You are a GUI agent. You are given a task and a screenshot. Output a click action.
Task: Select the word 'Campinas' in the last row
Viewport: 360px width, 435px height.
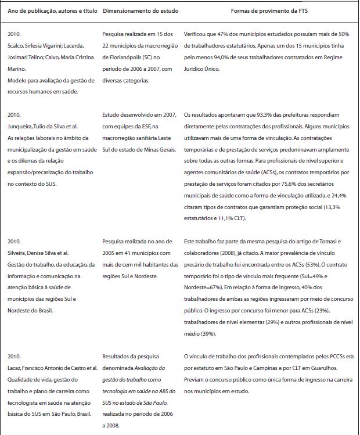[261, 368]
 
